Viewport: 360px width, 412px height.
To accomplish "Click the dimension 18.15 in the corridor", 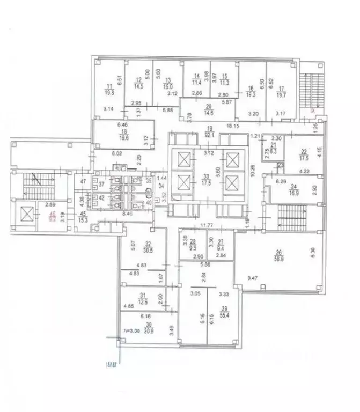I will pyautogui.click(x=232, y=126).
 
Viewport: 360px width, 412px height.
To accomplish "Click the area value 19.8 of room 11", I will pyautogui.click(x=111, y=92).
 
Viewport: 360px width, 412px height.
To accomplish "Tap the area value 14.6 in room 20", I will pyautogui.click(x=209, y=113).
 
